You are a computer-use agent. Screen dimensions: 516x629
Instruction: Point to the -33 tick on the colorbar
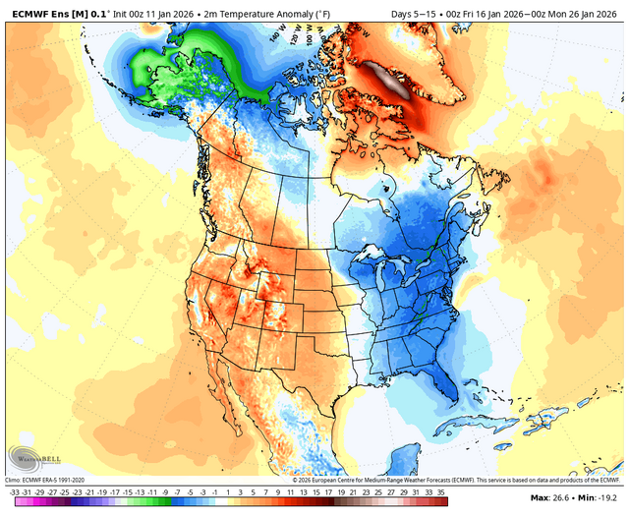(x=14, y=490)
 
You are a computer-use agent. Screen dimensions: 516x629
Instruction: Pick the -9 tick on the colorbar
(x=163, y=490)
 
